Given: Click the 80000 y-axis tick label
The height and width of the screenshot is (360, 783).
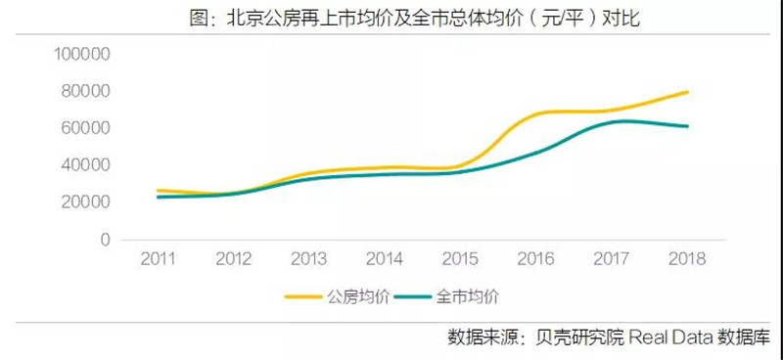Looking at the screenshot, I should tap(81, 91).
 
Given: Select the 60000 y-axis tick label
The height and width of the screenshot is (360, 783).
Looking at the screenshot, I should tap(81, 128).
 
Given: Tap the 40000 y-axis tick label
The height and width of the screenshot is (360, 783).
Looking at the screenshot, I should tap(81, 165).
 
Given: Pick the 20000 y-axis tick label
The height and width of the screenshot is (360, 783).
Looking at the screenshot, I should tap(81, 202).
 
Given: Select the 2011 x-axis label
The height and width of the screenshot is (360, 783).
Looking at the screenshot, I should tap(159, 258).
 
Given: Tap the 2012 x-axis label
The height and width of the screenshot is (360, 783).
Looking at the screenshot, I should tap(234, 258).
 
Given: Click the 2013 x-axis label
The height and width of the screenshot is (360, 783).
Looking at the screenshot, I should tap(309, 258).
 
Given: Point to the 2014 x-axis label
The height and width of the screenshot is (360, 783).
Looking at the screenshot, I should tap(386, 258).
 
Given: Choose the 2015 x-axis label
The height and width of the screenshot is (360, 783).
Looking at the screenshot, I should tap(461, 258).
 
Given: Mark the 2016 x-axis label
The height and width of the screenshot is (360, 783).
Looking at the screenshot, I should tap(536, 258).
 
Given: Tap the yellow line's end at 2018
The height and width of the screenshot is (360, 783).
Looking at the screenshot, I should tap(688, 92).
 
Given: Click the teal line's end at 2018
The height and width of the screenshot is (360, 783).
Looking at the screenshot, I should tap(688, 126).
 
